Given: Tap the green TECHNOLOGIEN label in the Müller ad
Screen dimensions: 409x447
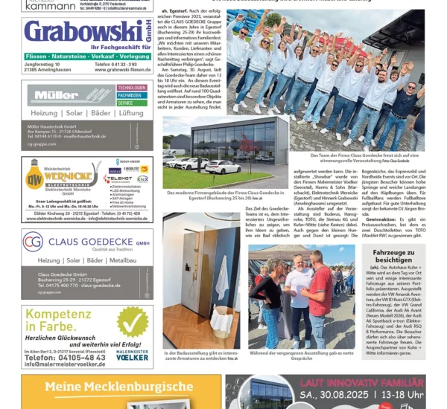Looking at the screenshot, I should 130,88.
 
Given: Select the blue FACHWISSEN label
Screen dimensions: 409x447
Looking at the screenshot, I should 129,95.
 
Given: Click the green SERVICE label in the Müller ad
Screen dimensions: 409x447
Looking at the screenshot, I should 125,103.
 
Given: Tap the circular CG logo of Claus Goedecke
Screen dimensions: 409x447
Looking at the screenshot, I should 32,242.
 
